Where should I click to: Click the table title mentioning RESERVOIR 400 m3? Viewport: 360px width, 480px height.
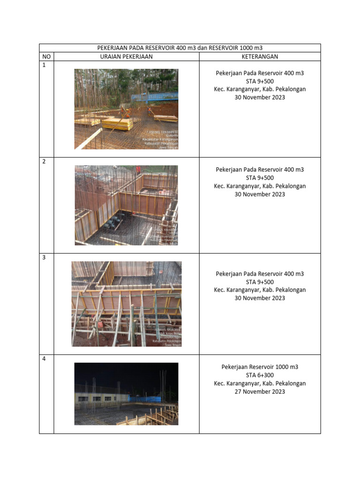[x=180, y=48]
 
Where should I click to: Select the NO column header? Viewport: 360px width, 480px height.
[x=46, y=57]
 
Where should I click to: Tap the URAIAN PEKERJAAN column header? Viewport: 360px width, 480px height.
[x=126, y=57]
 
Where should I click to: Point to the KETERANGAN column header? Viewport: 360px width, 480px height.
[x=260, y=57]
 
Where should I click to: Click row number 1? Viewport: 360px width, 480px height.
[x=45, y=65]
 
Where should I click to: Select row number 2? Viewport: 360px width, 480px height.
[x=45, y=161]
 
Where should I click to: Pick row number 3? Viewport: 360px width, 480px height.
[x=45, y=257]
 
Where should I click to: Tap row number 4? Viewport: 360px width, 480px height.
[x=45, y=359]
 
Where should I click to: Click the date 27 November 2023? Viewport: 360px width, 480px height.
[x=260, y=391]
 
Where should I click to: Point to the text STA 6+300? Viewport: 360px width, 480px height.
[x=260, y=375]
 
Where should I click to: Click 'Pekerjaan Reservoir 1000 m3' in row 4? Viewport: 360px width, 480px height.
[x=260, y=367]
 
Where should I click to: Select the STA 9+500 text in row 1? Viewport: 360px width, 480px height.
[x=260, y=81]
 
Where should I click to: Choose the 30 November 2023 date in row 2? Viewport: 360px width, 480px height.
[x=260, y=194]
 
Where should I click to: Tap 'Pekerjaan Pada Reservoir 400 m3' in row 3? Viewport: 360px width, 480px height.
[x=260, y=274]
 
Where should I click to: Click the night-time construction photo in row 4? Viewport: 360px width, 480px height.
[x=126, y=394]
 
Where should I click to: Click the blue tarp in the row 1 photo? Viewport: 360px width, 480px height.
[x=155, y=97]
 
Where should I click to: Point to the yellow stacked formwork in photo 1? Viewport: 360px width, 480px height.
[x=117, y=123]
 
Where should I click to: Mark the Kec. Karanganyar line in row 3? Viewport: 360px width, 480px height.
[x=260, y=290]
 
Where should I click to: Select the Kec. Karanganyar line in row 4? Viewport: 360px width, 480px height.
[x=260, y=383]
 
